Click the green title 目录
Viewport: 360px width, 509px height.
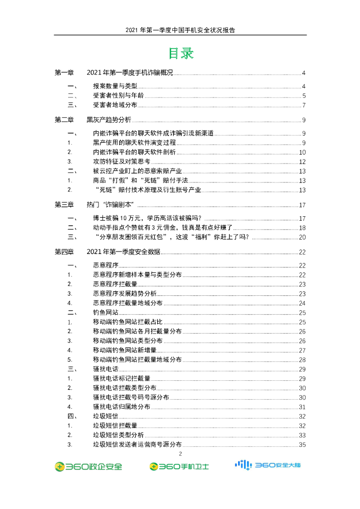pyautogui.click(x=180, y=53)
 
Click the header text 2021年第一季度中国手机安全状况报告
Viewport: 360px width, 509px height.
pyautogui.click(x=180, y=30)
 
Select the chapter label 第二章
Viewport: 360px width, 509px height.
pyautogui.click(x=64, y=120)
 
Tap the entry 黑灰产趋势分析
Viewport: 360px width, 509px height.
pyautogui.click(x=109, y=120)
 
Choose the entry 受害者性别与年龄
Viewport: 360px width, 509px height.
pyautogui.click(x=118, y=96)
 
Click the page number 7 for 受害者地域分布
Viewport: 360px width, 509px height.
pyautogui.click(x=303, y=105)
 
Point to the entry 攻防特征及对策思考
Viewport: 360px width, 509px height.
pyautogui.click(x=121, y=162)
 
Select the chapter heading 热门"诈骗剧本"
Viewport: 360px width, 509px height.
pyautogui.click(x=111, y=205)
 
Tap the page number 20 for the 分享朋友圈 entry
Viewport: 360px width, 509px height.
pyautogui.click(x=302, y=238)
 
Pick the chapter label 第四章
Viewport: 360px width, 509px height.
pyautogui.click(x=64, y=252)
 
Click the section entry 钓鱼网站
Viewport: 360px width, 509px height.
pyautogui.click(x=105, y=313)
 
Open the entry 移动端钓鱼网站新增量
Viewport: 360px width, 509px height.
pyautogui.click(x=128, y=350)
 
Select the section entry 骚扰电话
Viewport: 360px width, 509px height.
pyautogui.click(x=105, y=369)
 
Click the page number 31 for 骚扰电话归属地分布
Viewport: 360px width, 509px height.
pyautogui.click(x=302, y=407)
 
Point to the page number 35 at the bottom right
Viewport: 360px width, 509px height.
pyautogui.click(x=302, y=444)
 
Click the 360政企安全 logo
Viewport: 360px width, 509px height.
pyautogui.click(x=88, y=467)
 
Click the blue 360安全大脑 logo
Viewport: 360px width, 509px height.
pyautogui.click(x=268, y=465)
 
